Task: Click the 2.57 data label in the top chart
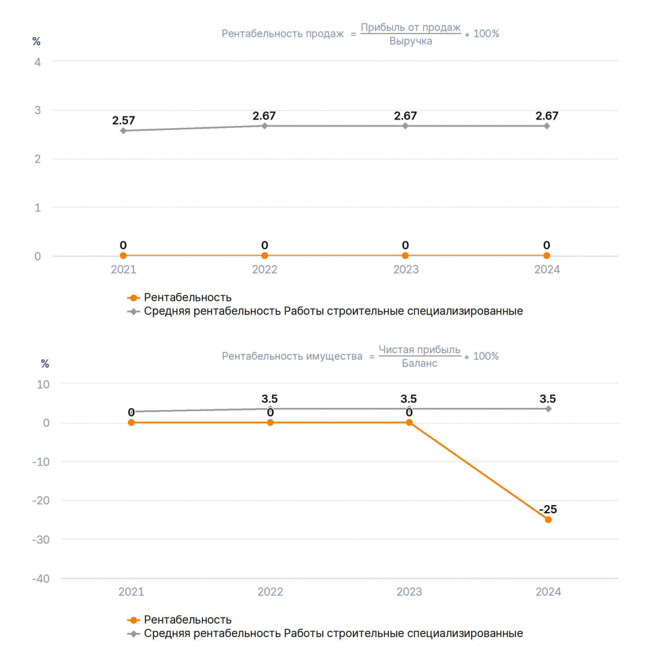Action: tap(124, 121)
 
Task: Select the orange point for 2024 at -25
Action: tap(548, 519)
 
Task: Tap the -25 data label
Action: tap(548, 509)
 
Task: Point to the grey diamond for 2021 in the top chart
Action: tap(123, 131)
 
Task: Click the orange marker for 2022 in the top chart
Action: tap(265, 256)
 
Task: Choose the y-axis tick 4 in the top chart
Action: tap(38, 62)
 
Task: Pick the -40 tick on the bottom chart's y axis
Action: tap(41, 578)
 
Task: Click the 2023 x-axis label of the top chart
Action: tap(406, 269)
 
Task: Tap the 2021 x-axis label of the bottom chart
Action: tap(131, 592)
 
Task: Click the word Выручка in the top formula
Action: tap(411, 41)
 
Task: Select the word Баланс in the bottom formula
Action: tap(420, 363)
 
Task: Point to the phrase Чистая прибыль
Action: tap(420, 350)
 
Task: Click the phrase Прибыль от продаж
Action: tap(411, 27)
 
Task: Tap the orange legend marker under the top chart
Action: tap(134, 298)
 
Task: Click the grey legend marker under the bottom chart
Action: tap(134, 634)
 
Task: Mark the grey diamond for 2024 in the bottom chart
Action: tap(548, 409)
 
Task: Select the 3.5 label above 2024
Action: tap(548, 399)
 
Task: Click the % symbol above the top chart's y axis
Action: tap(36, 42)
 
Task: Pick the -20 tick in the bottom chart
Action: tap(41, 500)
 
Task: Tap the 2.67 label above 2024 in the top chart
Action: tap(547, 116)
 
